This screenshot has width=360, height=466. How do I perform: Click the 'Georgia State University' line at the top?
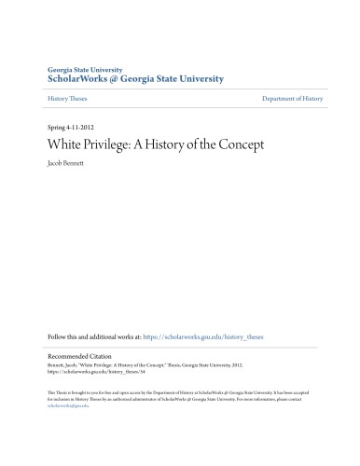click(x=84, y=70)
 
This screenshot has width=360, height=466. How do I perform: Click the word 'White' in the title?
click(x=65, y=145)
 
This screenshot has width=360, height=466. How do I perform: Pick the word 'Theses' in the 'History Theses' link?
click(x=77, y=97)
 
